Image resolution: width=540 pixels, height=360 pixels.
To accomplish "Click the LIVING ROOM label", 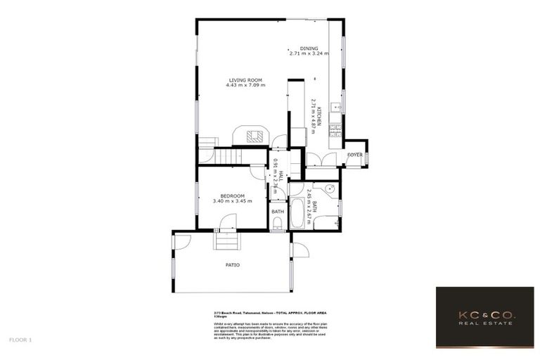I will [245, 79].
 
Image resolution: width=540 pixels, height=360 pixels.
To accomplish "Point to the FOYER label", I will [354, 154].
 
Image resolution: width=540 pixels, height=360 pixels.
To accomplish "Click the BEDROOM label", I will [231, 195].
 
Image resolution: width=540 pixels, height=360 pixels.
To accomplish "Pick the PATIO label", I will [232, 265].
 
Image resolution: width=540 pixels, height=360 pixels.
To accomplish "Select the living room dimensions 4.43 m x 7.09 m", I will [245, 85].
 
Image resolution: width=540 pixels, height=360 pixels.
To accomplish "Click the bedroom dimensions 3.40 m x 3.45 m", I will [231, 201].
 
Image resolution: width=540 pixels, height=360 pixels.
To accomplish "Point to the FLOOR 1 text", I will [20, 339].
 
